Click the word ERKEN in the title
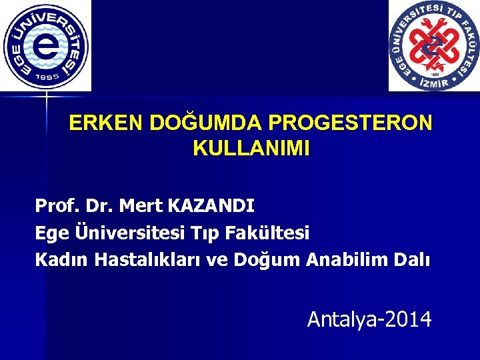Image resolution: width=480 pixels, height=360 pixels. click(x=106, y=123)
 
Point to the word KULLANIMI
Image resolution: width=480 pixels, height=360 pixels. click(x=251, y=149)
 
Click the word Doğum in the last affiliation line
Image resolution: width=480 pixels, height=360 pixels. click(x=267, y=260)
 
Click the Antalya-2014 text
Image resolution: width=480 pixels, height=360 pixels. click(x=369, y=319)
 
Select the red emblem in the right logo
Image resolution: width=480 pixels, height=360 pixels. click(x=434, y=45)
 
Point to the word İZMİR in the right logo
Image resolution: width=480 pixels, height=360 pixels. click(x=434, y=82)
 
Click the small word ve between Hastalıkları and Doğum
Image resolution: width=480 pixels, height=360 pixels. click(x=217, y=260)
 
